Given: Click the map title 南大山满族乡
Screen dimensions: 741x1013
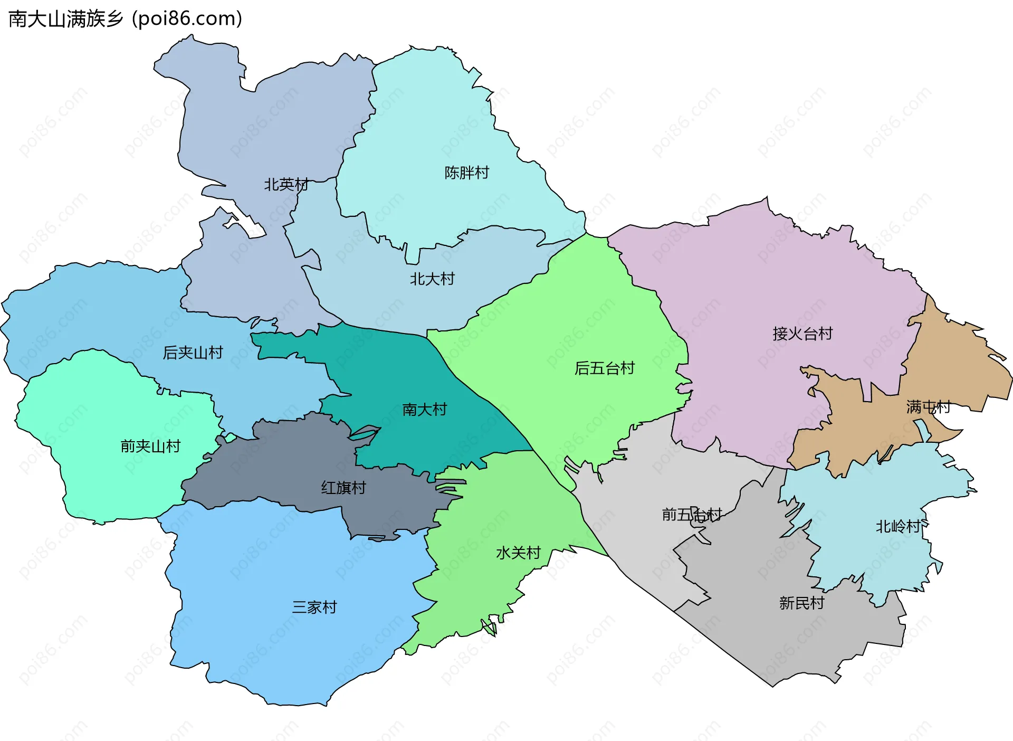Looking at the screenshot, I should [66, 19].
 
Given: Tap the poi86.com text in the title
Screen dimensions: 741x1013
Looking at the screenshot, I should [187, 19].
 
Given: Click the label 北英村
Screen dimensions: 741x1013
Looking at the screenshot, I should [286, 185].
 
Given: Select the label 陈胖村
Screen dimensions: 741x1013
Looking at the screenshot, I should [466, 173].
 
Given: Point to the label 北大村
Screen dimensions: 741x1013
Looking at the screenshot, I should [432, 279].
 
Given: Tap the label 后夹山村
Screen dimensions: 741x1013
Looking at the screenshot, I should [193, 353].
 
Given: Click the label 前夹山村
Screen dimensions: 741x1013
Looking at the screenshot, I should [150, 446].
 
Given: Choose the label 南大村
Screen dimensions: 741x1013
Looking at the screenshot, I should [424, 410].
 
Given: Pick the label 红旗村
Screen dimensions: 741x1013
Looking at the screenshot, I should [343, 488].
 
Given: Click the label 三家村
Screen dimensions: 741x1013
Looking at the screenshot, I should [314, 607].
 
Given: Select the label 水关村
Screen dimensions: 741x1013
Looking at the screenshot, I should [518, 553].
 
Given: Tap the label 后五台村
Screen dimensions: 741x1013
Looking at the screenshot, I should [604, 368].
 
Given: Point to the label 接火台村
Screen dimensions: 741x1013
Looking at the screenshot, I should [802, 334].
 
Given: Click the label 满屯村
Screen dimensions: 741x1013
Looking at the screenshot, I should [928, 407].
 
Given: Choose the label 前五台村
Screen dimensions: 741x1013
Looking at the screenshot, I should [692, 515].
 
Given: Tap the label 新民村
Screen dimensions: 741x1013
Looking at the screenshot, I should [801, 603].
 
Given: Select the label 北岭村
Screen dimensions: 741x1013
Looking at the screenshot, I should [898, 527].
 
